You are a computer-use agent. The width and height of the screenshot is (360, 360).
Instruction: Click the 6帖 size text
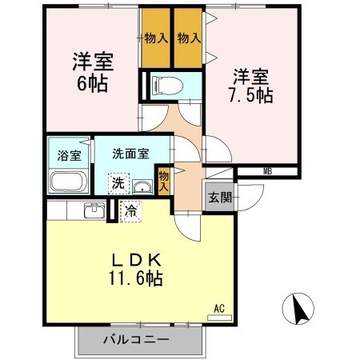[x=92, y=82]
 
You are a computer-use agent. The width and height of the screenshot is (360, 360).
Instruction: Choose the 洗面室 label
[x=130, y=154]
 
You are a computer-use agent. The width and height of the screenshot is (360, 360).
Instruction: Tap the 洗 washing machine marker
[x=118, y=183]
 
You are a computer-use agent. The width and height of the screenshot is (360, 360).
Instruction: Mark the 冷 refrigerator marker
[x=131, y=211]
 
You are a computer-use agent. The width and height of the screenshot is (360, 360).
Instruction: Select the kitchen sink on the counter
[x=94, y=210]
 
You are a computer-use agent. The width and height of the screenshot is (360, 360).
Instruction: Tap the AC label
[x=218, y=307]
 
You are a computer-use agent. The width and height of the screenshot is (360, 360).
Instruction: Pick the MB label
[x=267, y=170]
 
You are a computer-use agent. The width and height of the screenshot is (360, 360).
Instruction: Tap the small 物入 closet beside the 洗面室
[x=163, y=179]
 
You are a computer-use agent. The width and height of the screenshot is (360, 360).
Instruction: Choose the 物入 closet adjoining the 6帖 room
[x=155, y=38]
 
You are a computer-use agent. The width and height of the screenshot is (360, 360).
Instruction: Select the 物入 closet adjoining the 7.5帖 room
[x=188, y=38]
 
